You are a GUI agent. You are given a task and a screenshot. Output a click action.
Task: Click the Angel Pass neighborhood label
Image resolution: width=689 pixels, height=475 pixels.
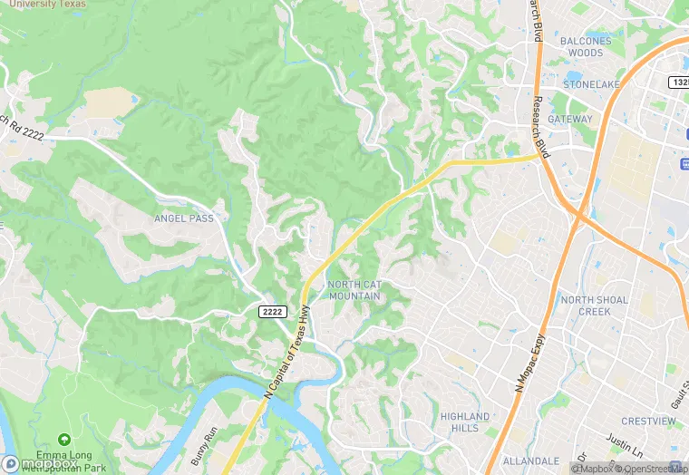183,218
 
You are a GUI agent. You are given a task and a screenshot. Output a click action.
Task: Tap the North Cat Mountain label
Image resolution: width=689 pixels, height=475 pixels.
354,290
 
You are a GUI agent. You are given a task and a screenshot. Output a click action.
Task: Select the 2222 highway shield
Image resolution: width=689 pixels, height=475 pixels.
273,312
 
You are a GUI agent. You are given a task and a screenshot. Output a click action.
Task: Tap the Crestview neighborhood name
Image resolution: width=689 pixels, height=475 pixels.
648,422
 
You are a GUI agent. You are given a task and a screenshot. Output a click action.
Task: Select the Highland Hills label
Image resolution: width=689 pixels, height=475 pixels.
464,422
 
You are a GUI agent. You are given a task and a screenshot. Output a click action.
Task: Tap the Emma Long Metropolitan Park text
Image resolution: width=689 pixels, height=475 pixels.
63,460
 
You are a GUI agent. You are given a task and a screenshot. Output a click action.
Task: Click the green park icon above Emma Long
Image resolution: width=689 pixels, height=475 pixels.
63,440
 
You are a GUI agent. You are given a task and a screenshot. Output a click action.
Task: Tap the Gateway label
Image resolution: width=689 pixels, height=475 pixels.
569,119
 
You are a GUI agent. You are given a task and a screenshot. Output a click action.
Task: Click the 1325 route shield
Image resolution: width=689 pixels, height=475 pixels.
679,82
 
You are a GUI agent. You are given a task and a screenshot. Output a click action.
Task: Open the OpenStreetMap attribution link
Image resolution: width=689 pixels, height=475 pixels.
651,469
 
